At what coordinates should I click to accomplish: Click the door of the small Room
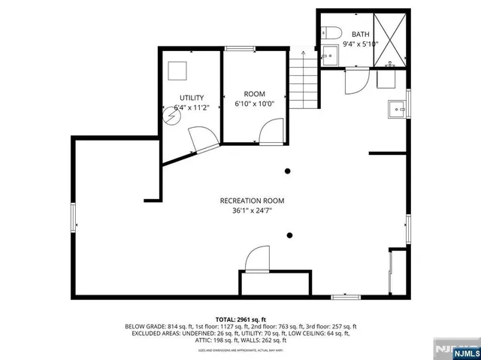[269, 134]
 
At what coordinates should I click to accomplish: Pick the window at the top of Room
[240, 49]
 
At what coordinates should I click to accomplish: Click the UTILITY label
[191, 98]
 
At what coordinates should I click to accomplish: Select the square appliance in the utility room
[178, 69]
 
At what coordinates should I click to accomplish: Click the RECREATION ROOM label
[252, 201]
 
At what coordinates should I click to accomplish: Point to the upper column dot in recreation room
[288, 171]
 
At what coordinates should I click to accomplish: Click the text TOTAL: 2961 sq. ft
[240, 319]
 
